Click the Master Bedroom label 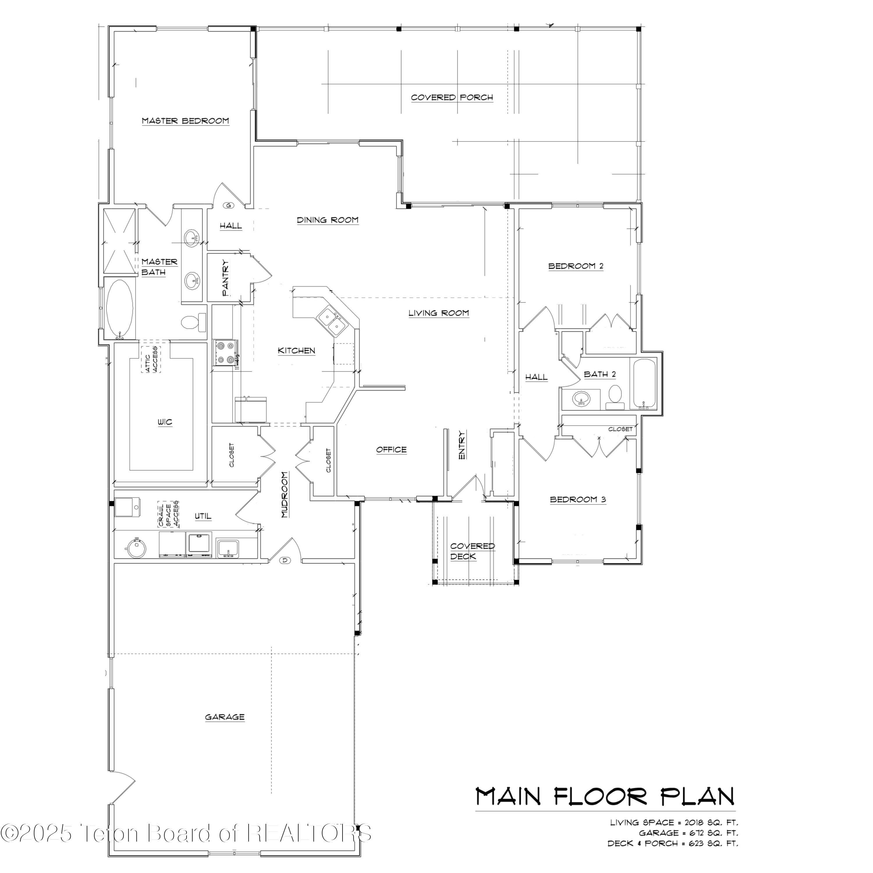(x=185, y=121)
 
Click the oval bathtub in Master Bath (x=119, y=309)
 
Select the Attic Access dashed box (x=151, y=359)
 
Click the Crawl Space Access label (x=168, y=514)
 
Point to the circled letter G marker (x=229, y=206)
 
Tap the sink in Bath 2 (x=581, y=399)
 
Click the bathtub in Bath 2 (x=644, y=384)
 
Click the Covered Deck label (x=472, y=551)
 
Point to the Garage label (x=225, y=717)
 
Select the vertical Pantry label (x=226, y=278)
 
